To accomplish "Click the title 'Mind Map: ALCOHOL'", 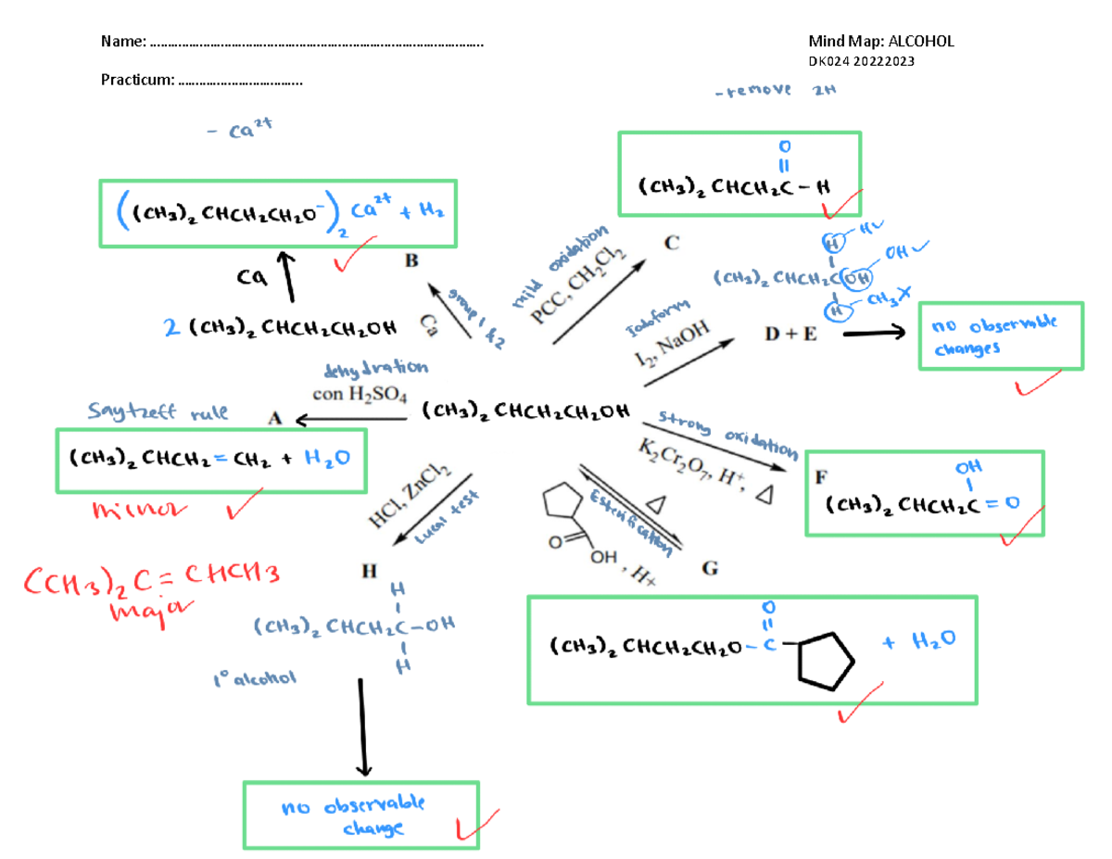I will (880, 41).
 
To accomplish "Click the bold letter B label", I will (411, 261).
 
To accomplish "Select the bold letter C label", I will (672, 244).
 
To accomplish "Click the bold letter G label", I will (709, 569).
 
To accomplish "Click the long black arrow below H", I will (364, 727).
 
